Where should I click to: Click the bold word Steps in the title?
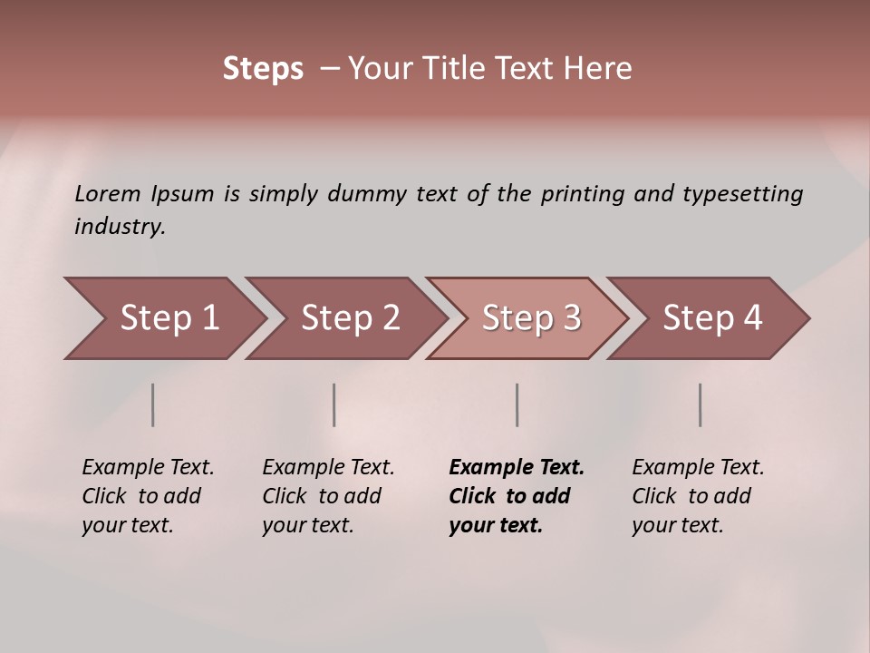point(263,69)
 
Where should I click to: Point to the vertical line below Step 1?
point(153,404)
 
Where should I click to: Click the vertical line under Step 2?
point(334,404)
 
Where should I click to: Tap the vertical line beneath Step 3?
point(517,404)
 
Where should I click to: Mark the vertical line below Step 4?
point(701,404)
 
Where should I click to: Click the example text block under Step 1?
point(148,496)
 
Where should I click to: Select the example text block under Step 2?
point(328,496)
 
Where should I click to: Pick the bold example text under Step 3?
point(516,496)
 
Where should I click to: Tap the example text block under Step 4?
point(698,496)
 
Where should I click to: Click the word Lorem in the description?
point(107,194)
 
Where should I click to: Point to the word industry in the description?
point(120,227)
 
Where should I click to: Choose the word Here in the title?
point(601,69)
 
